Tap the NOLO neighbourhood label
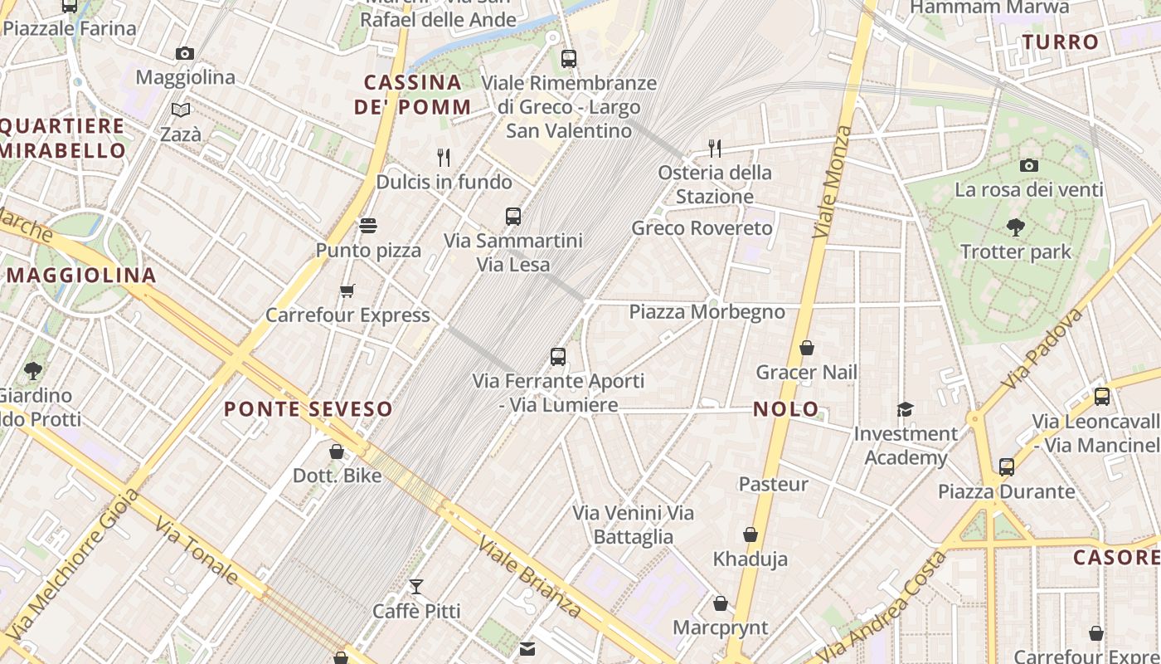click(x=786, y=408)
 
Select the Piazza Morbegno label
click(x=707, y=311)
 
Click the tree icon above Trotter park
click(x=1015, y=227)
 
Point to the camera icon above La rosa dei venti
click(x=1028, y=165)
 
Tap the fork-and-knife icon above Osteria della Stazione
click(x=714, y=148)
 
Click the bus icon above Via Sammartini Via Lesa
click(x=513, y=216)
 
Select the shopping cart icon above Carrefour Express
click(x=347, y=290)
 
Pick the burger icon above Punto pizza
click(x=368, y=226)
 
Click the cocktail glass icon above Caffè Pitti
click(x=416, y=587)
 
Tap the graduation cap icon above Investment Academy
click(x=905, y=409)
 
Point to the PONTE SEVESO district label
click(x=308, y=408)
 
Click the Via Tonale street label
click(x=197, y=550)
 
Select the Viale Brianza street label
click(x=530, y=575)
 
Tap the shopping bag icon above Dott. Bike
click(x=337, y=452)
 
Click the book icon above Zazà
click(x=180, y=110)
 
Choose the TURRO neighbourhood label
click(x=1061, y=41)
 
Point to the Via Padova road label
click(x=1042, y=349)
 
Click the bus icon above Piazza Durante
click(x=1006, y=466)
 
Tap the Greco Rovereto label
click(x=690, y=227)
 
